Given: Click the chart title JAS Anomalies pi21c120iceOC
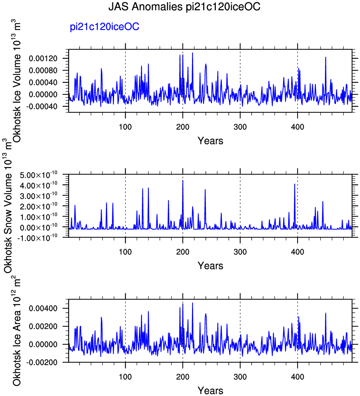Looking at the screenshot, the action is [184, 7].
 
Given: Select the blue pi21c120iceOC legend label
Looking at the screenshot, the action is [105, 27].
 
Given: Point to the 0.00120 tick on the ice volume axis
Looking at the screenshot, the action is [43, 58].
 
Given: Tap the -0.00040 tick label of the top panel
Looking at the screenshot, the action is [41, 107].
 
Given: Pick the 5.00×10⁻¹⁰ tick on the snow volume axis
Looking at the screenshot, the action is [39, 175].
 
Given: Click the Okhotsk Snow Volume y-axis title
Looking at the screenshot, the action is [8, 206].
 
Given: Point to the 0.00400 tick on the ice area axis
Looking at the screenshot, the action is [43, 308].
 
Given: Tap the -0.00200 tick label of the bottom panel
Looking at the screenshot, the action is [41, 362].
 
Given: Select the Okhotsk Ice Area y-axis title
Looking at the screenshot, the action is [17, 331].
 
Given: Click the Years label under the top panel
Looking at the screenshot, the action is [210, 141].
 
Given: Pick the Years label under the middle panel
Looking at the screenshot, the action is [210, 266].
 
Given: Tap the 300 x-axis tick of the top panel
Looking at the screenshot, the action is [240, 127].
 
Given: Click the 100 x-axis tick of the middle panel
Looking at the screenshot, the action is [125, 252].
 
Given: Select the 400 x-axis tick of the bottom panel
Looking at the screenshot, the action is [297, 377].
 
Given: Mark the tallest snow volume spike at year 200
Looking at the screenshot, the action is [183, 180].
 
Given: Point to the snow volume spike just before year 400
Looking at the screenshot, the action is [294, 184].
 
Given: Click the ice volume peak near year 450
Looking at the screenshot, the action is [326, 57].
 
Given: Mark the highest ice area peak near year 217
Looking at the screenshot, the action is [192, 303].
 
